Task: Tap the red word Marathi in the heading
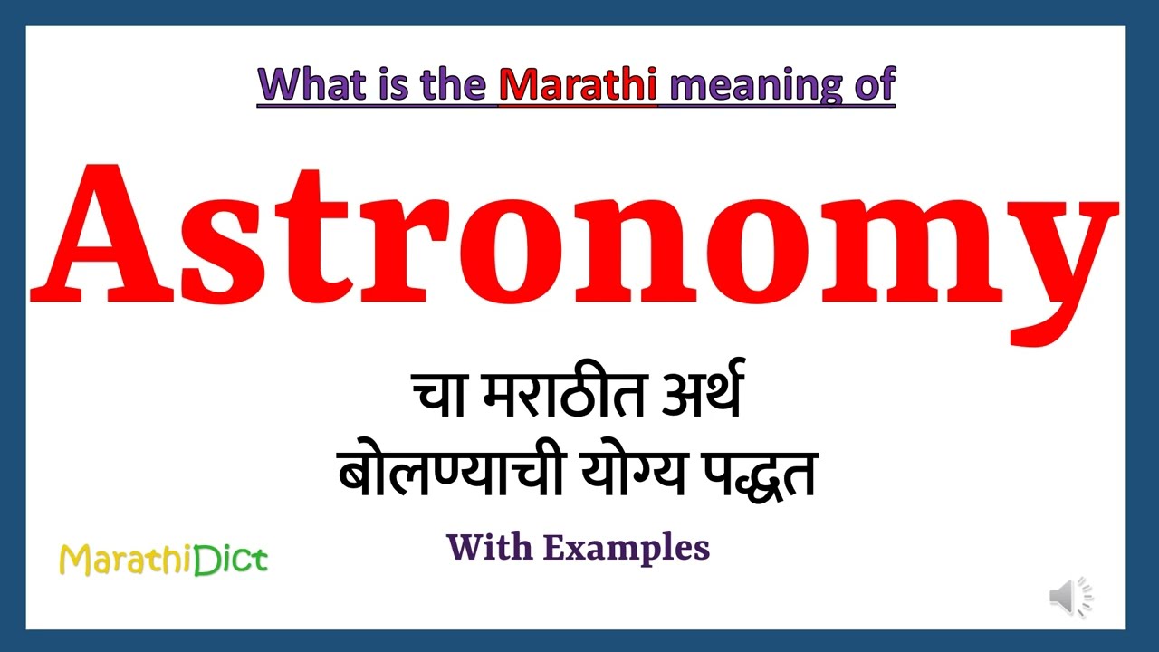[578, 84]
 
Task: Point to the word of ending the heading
[873, 84]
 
